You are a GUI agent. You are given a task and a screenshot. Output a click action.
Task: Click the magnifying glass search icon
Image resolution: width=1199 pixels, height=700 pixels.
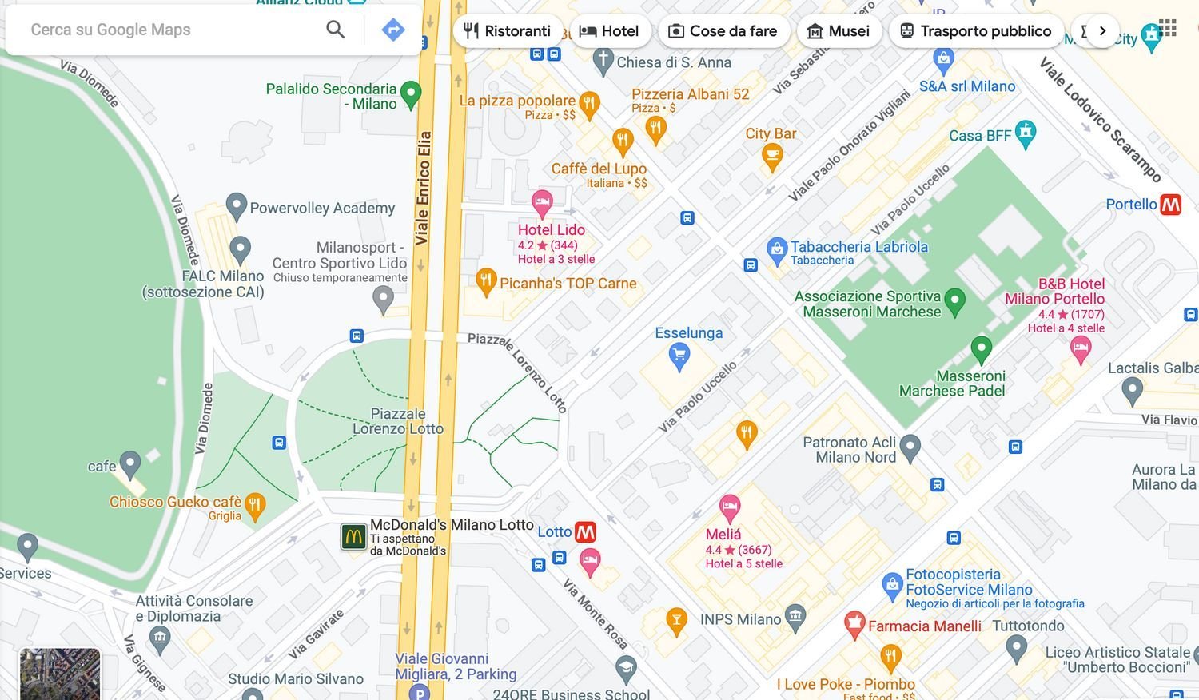tap(336, 30)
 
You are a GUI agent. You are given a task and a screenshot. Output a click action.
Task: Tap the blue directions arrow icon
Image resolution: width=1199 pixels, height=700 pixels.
tap(392, 30)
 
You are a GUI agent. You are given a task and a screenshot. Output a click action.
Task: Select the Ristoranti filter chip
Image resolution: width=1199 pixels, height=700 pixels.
tap(508, 31)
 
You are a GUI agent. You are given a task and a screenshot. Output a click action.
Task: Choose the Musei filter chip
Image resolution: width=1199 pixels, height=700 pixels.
tap(838, 31)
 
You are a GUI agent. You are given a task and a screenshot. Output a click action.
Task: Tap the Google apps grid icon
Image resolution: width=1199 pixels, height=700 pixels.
tap(1168, 28)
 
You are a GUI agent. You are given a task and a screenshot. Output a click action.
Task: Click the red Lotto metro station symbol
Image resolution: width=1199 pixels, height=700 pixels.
tap(586, 531)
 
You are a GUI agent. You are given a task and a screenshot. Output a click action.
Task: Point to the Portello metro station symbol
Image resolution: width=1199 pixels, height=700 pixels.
tap(1170, 205)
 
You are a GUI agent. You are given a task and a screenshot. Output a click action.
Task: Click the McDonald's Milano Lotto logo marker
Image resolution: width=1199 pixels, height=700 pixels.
tap(353, 536)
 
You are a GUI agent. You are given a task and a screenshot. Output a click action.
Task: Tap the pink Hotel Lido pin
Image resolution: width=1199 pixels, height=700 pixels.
tap(542, 203)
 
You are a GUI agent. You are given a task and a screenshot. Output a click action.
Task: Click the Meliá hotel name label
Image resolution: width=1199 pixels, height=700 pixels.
tap(723, 535)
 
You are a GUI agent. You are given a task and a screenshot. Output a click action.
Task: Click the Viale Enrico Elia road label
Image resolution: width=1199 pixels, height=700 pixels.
tap(423, 188)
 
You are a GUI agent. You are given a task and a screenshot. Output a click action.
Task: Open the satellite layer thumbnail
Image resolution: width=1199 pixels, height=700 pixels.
tap(60, 674)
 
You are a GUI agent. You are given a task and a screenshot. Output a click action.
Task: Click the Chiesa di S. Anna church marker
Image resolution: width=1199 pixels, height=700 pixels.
tap(603, 60)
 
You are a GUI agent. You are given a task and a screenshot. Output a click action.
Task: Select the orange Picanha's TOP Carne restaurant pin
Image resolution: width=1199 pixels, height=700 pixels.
tap(486, 280)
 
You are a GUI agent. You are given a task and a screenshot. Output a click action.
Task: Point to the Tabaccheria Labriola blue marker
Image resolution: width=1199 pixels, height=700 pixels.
tap(776, 250)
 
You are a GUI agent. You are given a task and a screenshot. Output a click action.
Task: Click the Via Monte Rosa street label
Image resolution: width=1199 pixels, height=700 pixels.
tap(596, 614)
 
